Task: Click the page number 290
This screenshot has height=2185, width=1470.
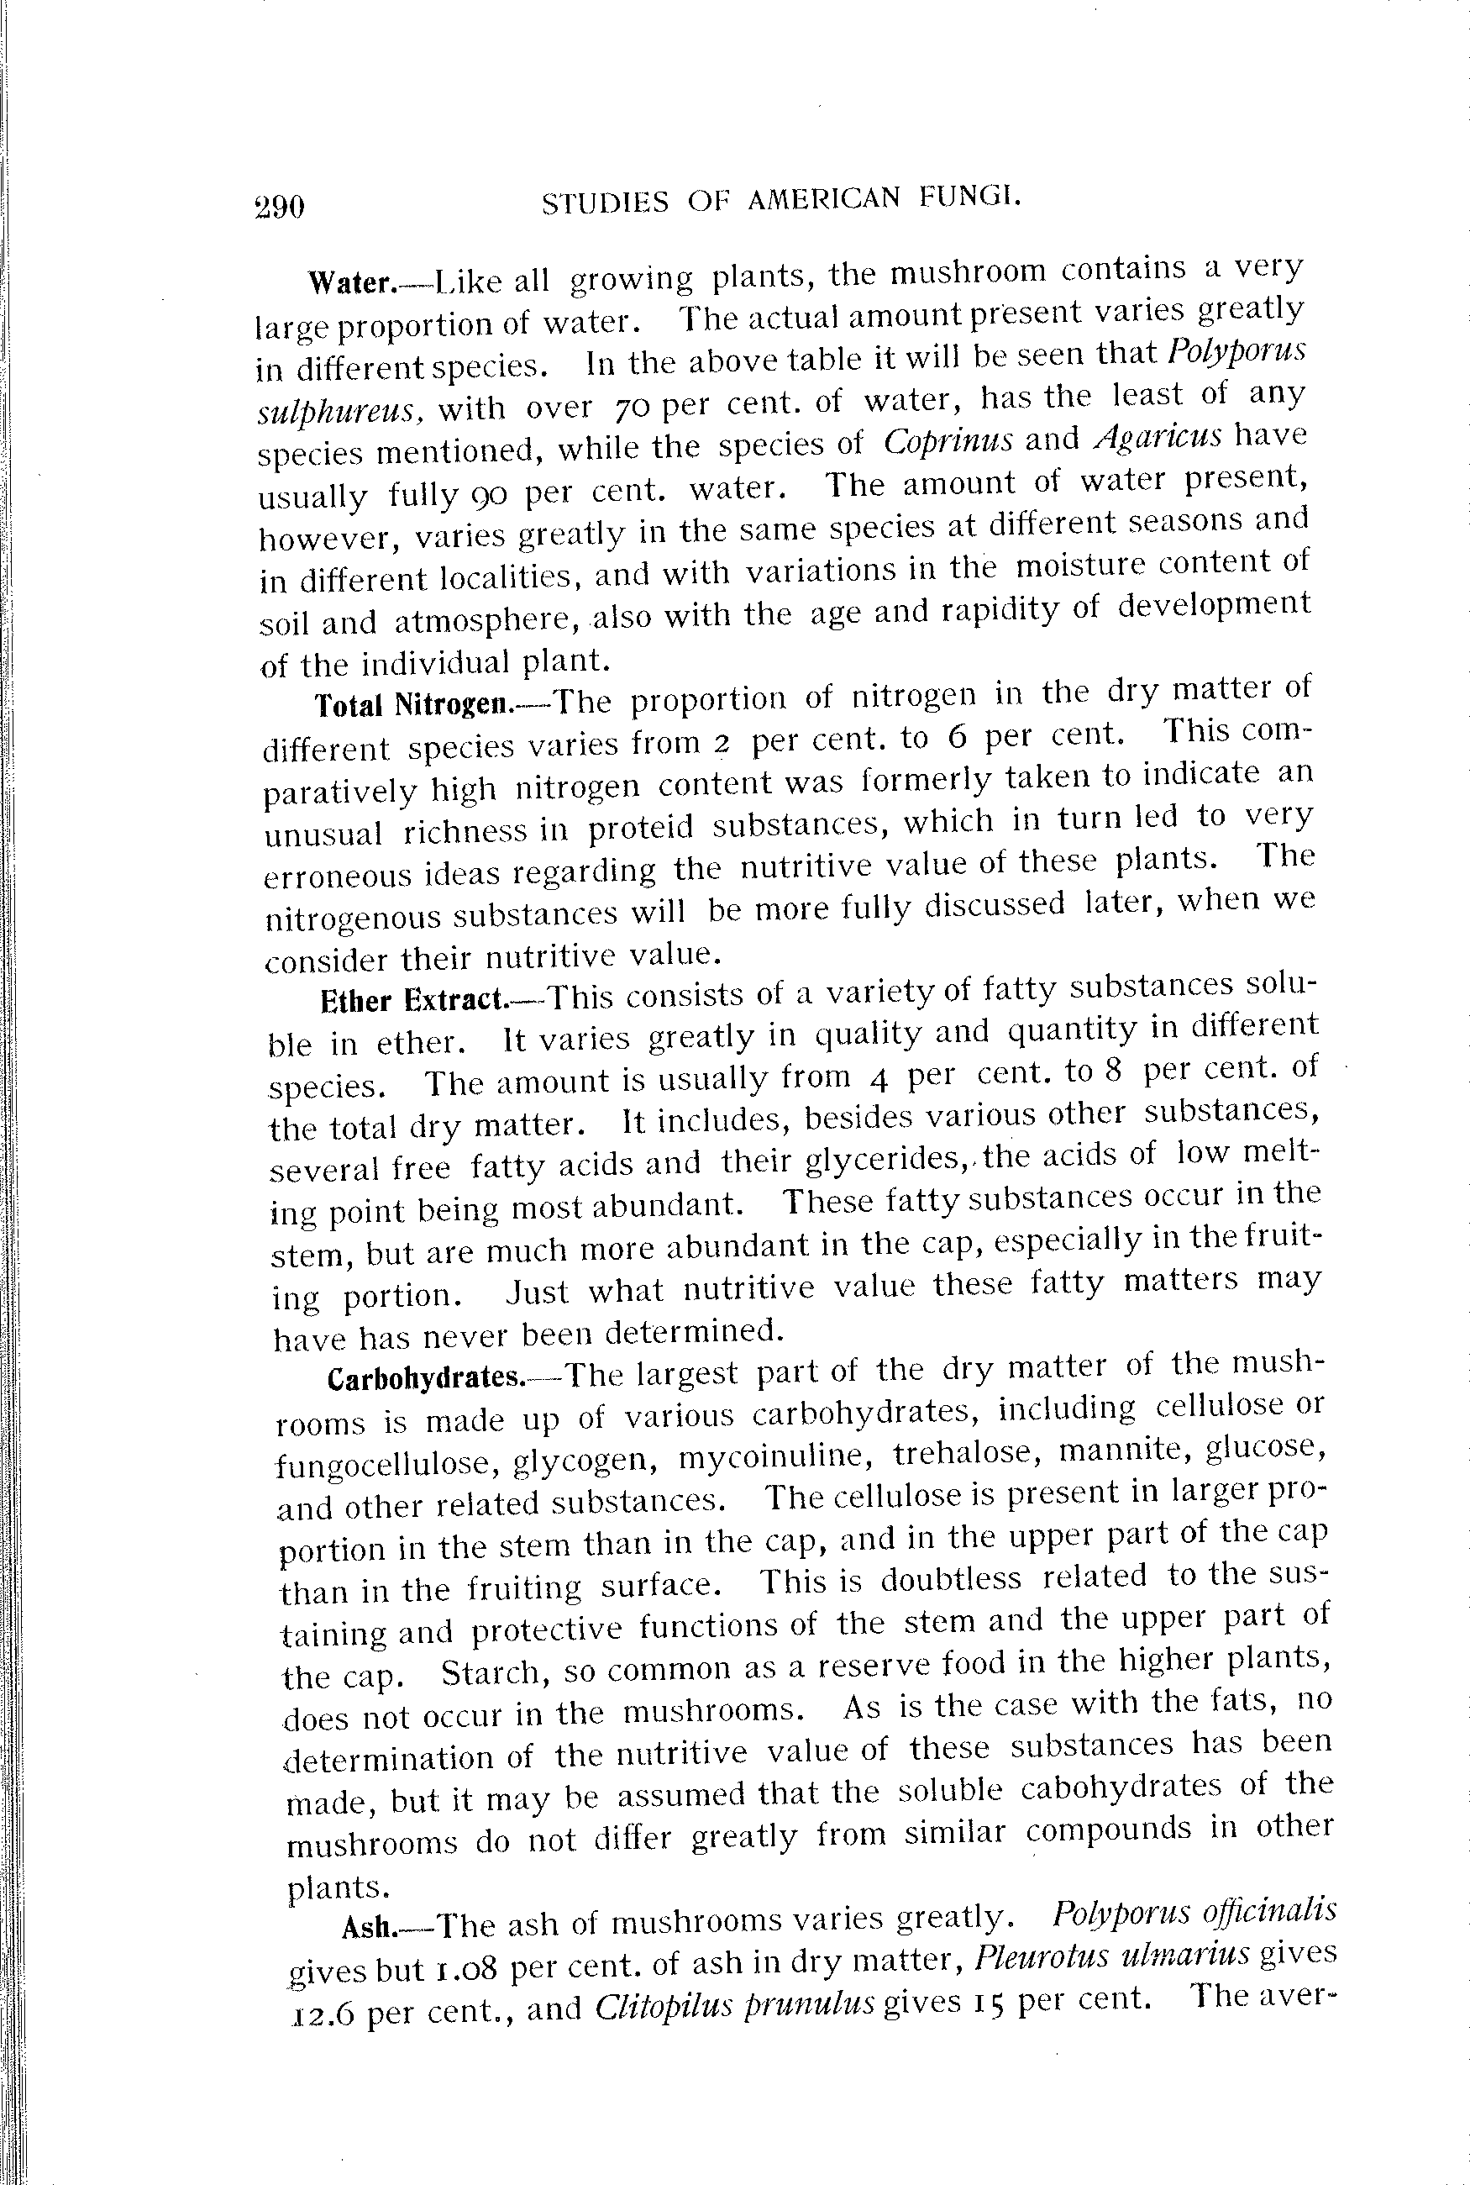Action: (280, 205)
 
